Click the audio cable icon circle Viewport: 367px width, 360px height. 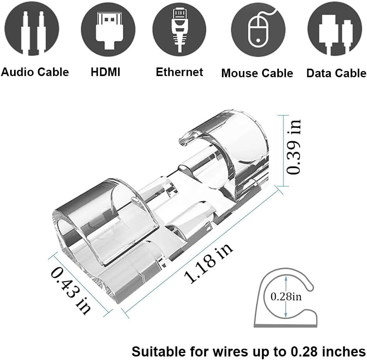click(32, 28)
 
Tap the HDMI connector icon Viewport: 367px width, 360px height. click(108, 29)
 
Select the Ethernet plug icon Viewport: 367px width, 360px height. click(179, 29)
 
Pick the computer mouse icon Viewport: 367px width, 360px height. click(258, 29)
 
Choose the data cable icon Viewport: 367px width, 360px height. click(335, 29)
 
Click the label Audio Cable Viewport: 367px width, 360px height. click(35, 72)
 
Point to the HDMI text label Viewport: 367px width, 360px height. click(106, 72)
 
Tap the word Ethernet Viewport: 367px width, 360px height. click(179, 72)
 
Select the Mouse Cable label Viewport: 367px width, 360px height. click(257, 73)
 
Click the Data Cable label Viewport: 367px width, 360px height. click(336, 73)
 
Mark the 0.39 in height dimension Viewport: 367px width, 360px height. click(294, 147)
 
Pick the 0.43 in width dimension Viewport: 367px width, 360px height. click(71, 292)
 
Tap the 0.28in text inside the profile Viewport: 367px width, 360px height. click(286, 297)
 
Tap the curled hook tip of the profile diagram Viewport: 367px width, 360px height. click(310, 287)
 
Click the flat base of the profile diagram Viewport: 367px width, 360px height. click(285, 325)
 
